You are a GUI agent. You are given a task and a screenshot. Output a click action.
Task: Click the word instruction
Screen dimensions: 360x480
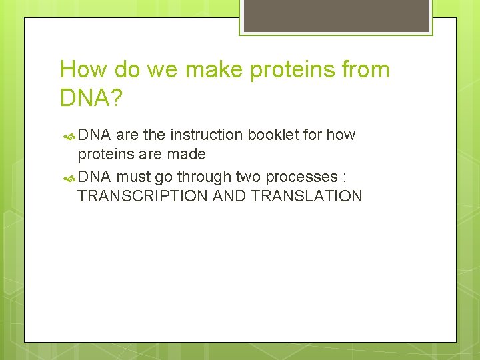[207, 135]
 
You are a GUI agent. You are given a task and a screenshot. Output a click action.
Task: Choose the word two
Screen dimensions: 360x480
[247, 177]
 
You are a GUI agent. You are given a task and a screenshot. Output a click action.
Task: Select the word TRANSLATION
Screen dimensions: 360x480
[306, 196]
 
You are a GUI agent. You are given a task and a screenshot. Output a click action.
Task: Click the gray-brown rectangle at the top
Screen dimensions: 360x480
[336, 15]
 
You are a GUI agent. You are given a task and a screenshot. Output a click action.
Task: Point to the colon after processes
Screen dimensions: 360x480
[344, 178]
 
